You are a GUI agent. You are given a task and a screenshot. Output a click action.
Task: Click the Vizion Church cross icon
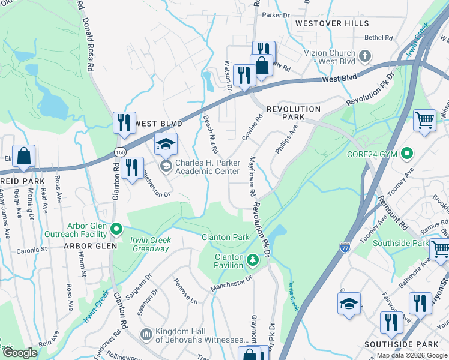[x=364, y=57]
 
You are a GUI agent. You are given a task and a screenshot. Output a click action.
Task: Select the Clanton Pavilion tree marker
[x=253, y=260]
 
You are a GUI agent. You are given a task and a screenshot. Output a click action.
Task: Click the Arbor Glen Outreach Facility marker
[x=117, y=229]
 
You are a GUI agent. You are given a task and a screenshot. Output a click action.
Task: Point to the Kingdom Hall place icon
[x=145, y=334]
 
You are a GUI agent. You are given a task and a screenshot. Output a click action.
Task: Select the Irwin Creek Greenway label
[x=151, y=245]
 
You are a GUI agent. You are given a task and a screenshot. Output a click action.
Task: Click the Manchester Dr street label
[x=230, y=285]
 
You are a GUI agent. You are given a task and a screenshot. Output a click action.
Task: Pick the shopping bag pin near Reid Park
[x=23, y=157]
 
